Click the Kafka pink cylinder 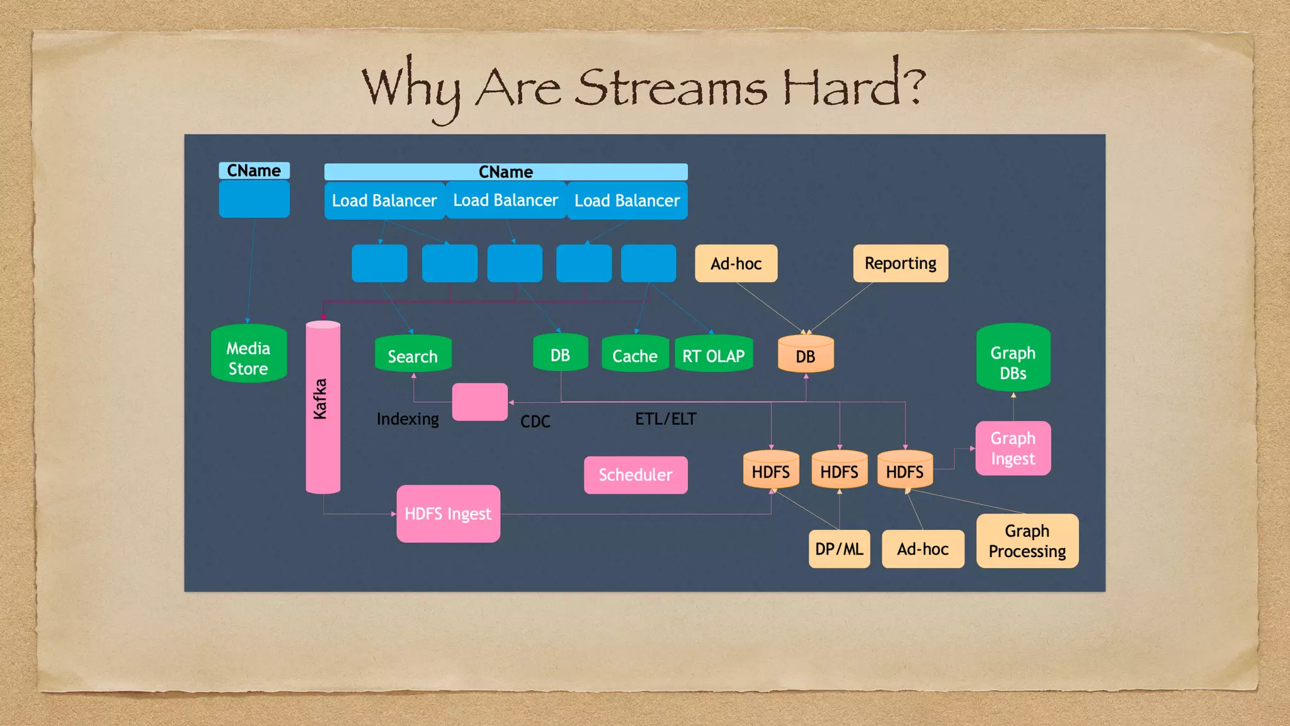322,406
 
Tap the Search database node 413,355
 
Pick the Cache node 635,355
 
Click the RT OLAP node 714,355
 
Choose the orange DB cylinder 806,355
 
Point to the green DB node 560,354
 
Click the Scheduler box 636,475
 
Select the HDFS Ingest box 448,514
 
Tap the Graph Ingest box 1013,448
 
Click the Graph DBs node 1013,359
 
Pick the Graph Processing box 1027,541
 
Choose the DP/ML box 839,549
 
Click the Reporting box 900,263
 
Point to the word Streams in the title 670,88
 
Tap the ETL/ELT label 665,419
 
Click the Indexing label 408,419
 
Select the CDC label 535,422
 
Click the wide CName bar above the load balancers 506,172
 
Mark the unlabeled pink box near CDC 479,402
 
